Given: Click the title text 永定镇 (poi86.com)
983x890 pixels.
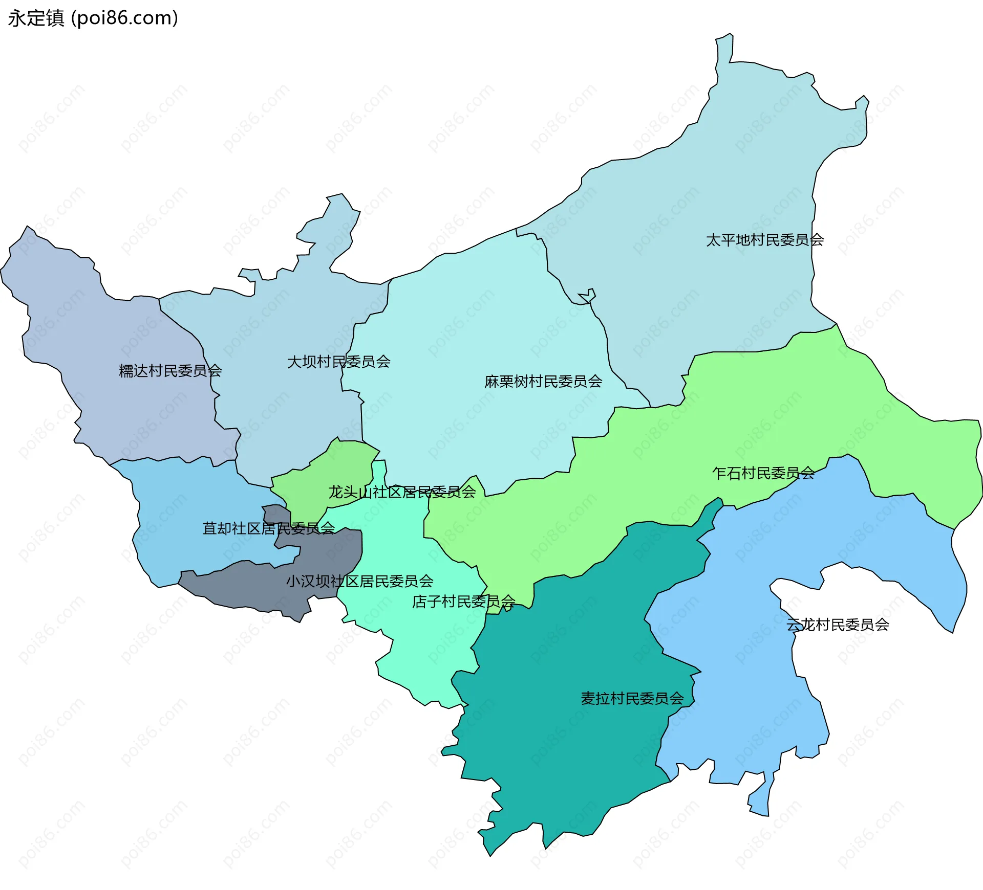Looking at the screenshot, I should (x=93, y=18).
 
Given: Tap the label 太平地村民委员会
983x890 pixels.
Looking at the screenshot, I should (x=764, y=240).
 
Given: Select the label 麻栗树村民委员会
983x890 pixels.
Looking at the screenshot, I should (x=543, y=382).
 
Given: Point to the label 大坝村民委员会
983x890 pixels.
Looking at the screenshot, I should (x=338, y=362).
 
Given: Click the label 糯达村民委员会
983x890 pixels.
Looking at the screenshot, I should (x=170, y=371).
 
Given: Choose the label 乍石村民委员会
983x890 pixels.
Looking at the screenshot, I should (x=763, y=474).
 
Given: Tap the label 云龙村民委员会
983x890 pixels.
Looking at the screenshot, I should (x=838, y=625).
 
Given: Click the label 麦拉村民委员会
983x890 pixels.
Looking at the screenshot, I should (x=632, y=699).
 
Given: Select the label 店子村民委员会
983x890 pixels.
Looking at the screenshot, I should (x=463, y=602).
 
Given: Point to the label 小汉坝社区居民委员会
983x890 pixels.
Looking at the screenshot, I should (x=359, y=582).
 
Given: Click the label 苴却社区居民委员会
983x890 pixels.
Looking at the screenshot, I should (x=268, y=528).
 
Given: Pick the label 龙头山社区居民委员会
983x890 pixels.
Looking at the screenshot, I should (x=402, y=493).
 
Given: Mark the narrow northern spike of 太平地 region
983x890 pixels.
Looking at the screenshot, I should (x=724, y=49).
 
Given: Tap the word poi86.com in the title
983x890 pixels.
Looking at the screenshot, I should (x=124, y=18).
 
